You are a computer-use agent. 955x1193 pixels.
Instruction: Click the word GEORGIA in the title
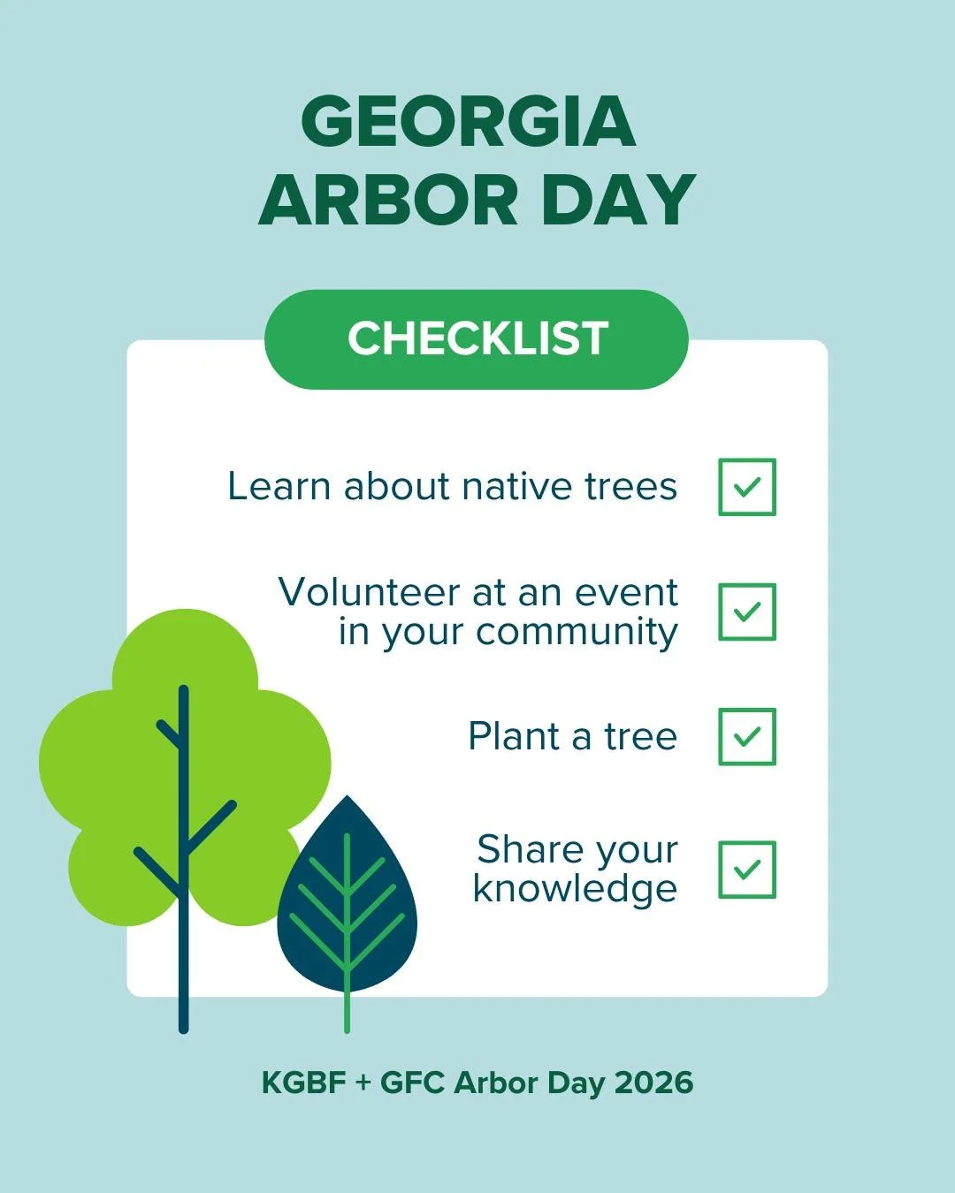click(469, 122)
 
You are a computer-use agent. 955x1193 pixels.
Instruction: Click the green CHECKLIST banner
click(477, 338)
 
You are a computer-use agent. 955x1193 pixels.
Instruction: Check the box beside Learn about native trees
click(747, 487)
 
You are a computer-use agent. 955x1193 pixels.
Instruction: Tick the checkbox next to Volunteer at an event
click(747, 612)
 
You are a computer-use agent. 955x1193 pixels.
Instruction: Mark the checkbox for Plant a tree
click(747, 736)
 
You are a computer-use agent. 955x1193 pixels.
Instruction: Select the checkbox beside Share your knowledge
click(747, 870)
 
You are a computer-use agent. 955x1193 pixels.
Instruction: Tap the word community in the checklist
click(577, 633)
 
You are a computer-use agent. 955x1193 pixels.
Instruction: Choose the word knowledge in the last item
click(575, 889)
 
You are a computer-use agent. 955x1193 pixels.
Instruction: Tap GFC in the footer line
click(412, 1083)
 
